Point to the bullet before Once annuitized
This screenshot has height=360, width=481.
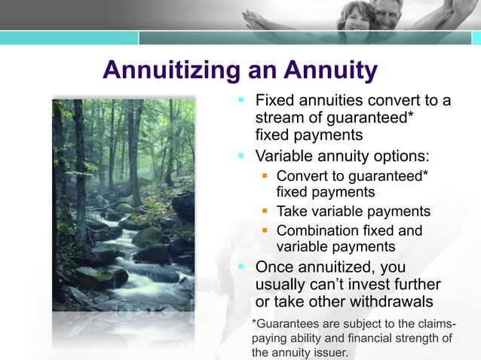click(x=241, y=266)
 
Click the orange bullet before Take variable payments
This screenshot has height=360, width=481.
click(x=265, y=212)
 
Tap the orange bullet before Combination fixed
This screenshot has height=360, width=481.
click(x=265, y=230)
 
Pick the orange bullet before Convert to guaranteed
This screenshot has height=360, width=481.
click(x=265, y=175)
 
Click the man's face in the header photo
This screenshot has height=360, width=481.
click(x=386, y=12)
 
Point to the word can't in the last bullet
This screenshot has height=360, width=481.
click(x=333, y=284)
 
